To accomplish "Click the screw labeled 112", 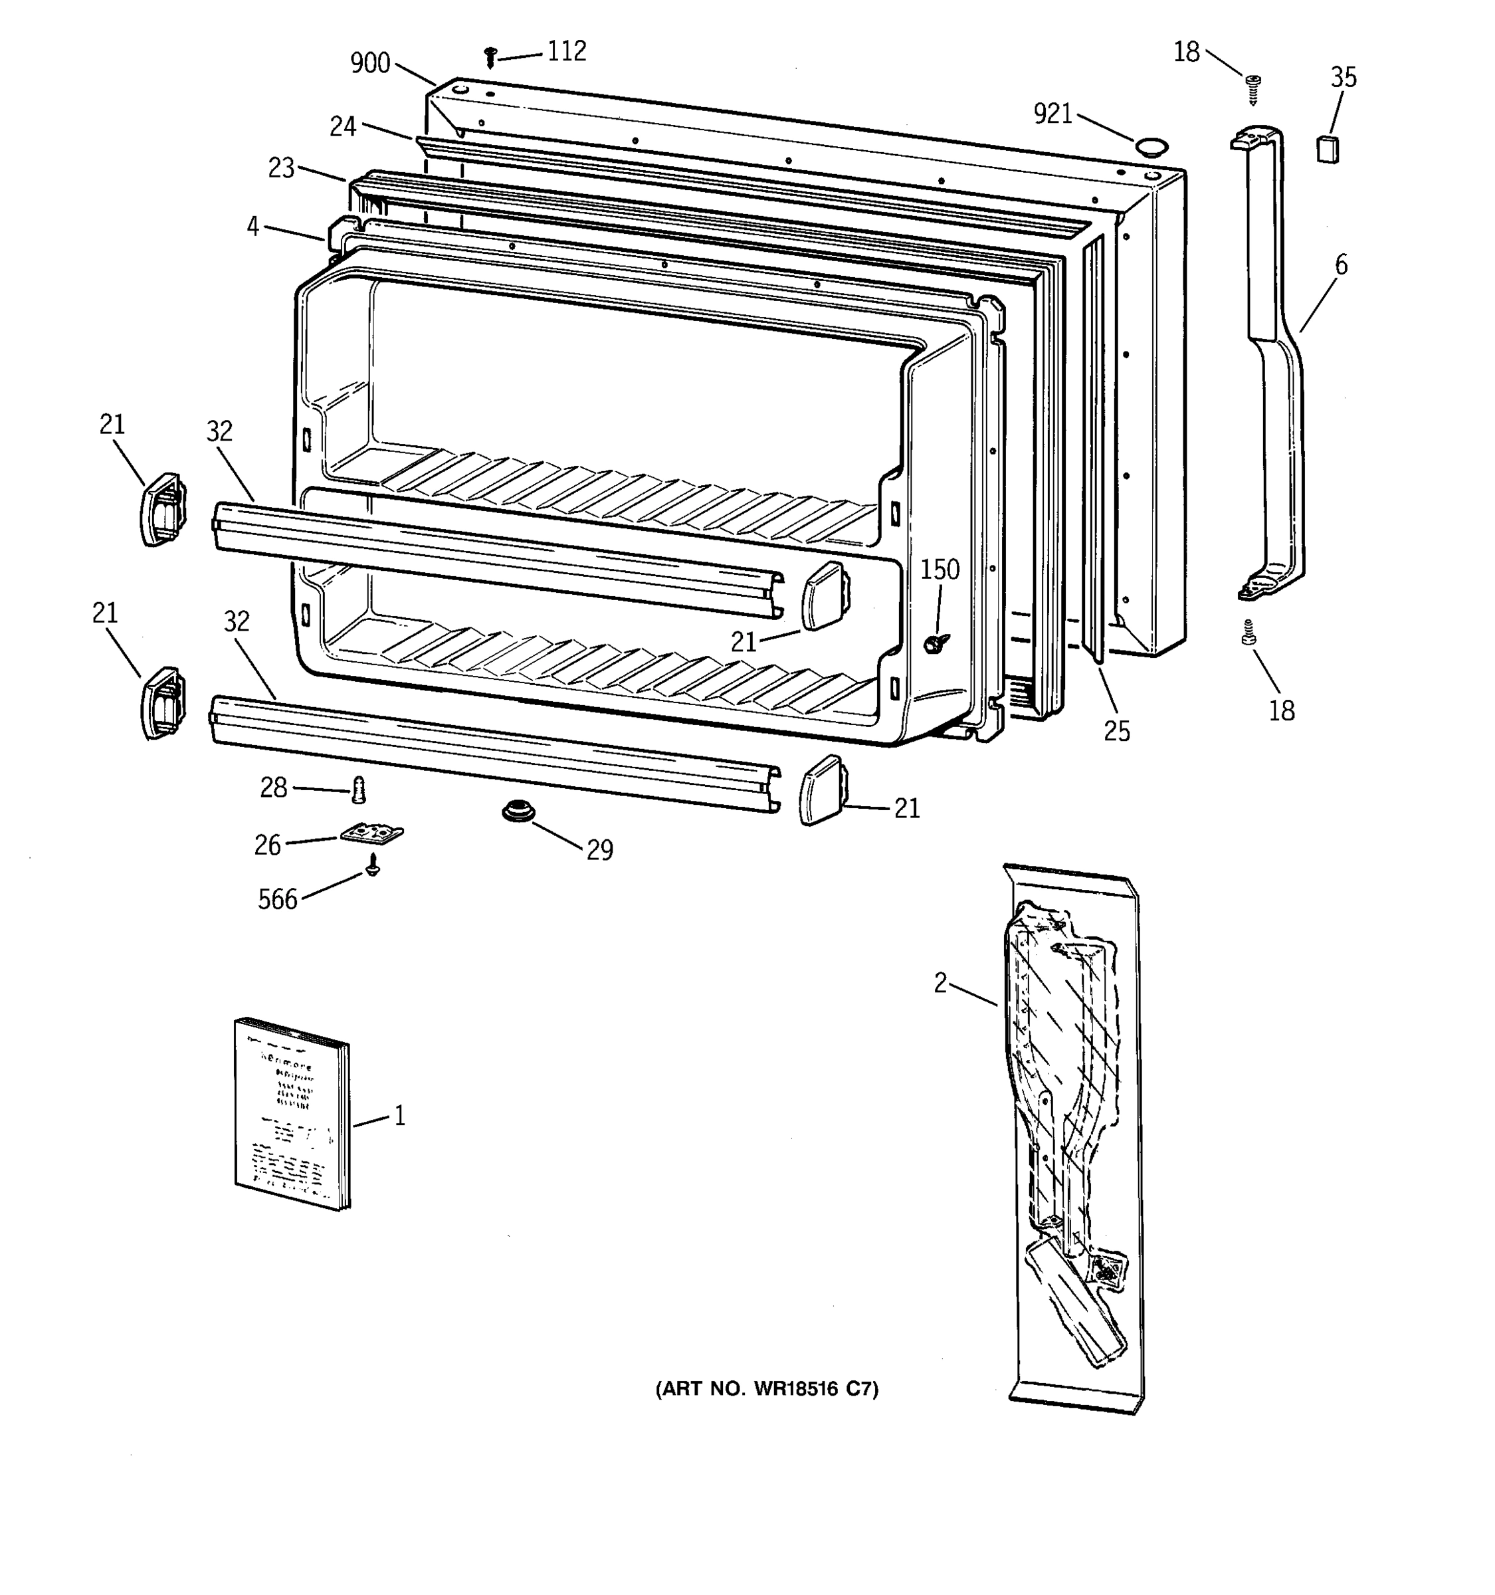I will point(491,58).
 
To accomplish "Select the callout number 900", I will point(369,63).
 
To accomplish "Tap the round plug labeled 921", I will point(1150,146).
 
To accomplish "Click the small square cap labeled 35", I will point(1328,150).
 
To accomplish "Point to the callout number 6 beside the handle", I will point(1341,264).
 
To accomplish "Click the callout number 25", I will point(1116,731).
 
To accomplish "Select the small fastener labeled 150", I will point(934,643).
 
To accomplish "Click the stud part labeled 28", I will point(359,790).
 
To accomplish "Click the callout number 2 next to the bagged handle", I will point(941,983).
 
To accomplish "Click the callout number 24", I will point(342,127).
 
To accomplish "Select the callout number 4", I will point(252,227).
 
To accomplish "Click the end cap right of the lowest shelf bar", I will point(821,790).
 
